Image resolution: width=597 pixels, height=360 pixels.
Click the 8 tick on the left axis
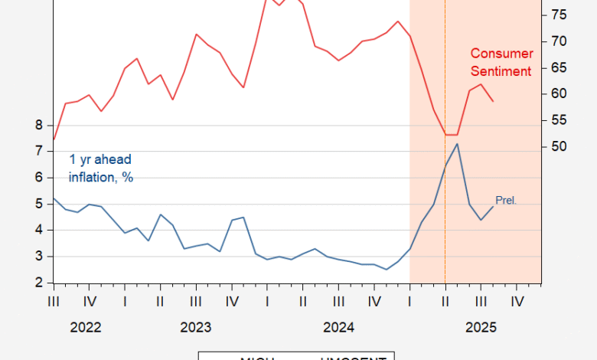click(x=38, y=125)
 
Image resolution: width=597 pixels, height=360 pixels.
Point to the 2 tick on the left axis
click(x=38, y=283)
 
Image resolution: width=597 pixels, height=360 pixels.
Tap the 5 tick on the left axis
click(x=38, y=204)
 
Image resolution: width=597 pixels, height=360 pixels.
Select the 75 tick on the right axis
click(x=558, y=15)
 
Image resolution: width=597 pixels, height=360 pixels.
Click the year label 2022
click(x=86, y=328)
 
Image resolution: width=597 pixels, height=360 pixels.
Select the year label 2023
click(x=196, y=328)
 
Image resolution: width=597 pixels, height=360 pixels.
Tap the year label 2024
click(x=338, y=328)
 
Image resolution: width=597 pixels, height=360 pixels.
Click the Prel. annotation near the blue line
click(x=506, y=201)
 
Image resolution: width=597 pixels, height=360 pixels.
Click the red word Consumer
click(x=501, y=54)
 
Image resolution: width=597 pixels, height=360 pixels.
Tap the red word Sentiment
click(x=501, y=71)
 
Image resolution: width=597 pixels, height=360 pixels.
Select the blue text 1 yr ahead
click(x=100, y=159)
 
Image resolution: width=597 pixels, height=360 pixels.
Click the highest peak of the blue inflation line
click(x=457, y=143)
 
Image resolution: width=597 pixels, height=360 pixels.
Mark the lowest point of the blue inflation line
click(x=386, y=270)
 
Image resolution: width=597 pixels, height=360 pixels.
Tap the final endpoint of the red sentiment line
click(x=493, y=101)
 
